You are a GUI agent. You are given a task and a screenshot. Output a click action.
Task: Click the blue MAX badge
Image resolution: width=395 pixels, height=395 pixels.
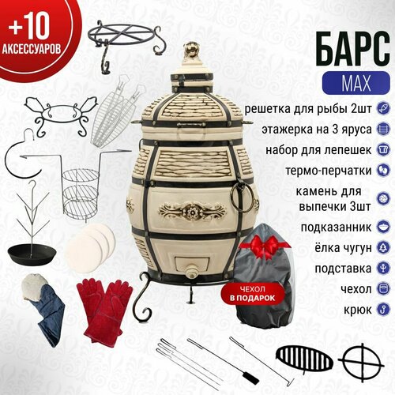(x=355, y=83)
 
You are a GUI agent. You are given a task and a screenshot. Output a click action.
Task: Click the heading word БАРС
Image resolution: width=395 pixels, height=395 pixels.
(x=353, y=49)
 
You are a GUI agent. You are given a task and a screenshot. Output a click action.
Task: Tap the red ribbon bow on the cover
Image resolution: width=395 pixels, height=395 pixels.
(x=265, y=246)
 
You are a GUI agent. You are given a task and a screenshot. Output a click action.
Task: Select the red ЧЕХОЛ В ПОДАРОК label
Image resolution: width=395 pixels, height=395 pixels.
(x=253, y=294)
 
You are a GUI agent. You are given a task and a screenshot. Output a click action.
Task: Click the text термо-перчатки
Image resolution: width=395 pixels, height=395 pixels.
(x=329, y=171)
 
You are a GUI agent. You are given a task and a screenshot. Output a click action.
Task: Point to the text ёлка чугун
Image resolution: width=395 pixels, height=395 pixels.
(x=343, y=247)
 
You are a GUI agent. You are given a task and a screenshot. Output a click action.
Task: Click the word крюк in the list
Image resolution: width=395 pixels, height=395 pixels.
(x=358, y=310)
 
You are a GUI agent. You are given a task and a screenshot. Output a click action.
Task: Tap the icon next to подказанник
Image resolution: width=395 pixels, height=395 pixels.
(x=383, y=227)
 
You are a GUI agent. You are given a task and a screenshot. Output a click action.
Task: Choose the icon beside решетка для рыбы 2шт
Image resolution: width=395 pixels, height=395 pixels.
(x=383, y=108)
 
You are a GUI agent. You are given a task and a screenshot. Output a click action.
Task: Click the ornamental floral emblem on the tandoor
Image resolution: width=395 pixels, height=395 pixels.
(x=192, y=212)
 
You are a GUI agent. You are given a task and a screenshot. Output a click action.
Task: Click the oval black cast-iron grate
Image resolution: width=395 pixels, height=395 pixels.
(x=304, y=359)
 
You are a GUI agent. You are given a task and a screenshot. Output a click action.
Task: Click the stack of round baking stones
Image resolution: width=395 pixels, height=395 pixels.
(x=90, y=247)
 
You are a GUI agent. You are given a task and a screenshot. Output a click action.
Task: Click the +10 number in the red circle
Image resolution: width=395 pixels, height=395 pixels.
(x=29, y=26)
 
